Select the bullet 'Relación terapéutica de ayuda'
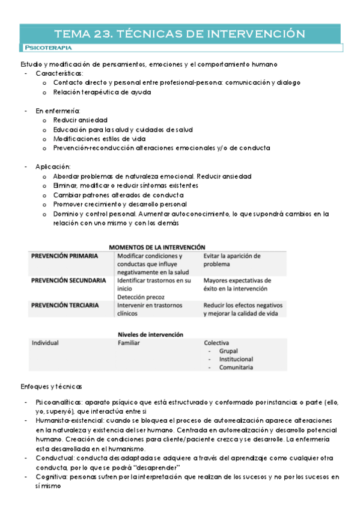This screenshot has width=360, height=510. coord(102,92)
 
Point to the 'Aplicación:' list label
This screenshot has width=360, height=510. coord(53,166)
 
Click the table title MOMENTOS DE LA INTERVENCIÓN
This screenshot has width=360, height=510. coord(157,247)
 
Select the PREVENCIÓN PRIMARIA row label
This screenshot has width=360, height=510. coord(64,256)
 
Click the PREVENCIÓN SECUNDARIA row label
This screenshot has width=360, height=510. coord(69,280)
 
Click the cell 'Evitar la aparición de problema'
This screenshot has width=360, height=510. coord(231,260)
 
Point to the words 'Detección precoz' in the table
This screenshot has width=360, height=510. coord(142,297)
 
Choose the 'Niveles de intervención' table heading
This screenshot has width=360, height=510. coord(150,334)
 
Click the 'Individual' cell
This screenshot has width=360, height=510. coord(45,343)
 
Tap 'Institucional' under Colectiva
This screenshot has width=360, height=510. coord(236,359)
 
